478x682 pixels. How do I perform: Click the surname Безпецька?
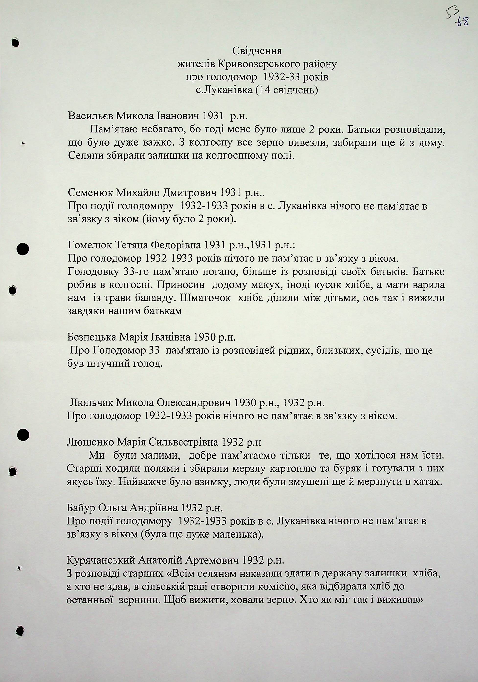click(x=91, y=337)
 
